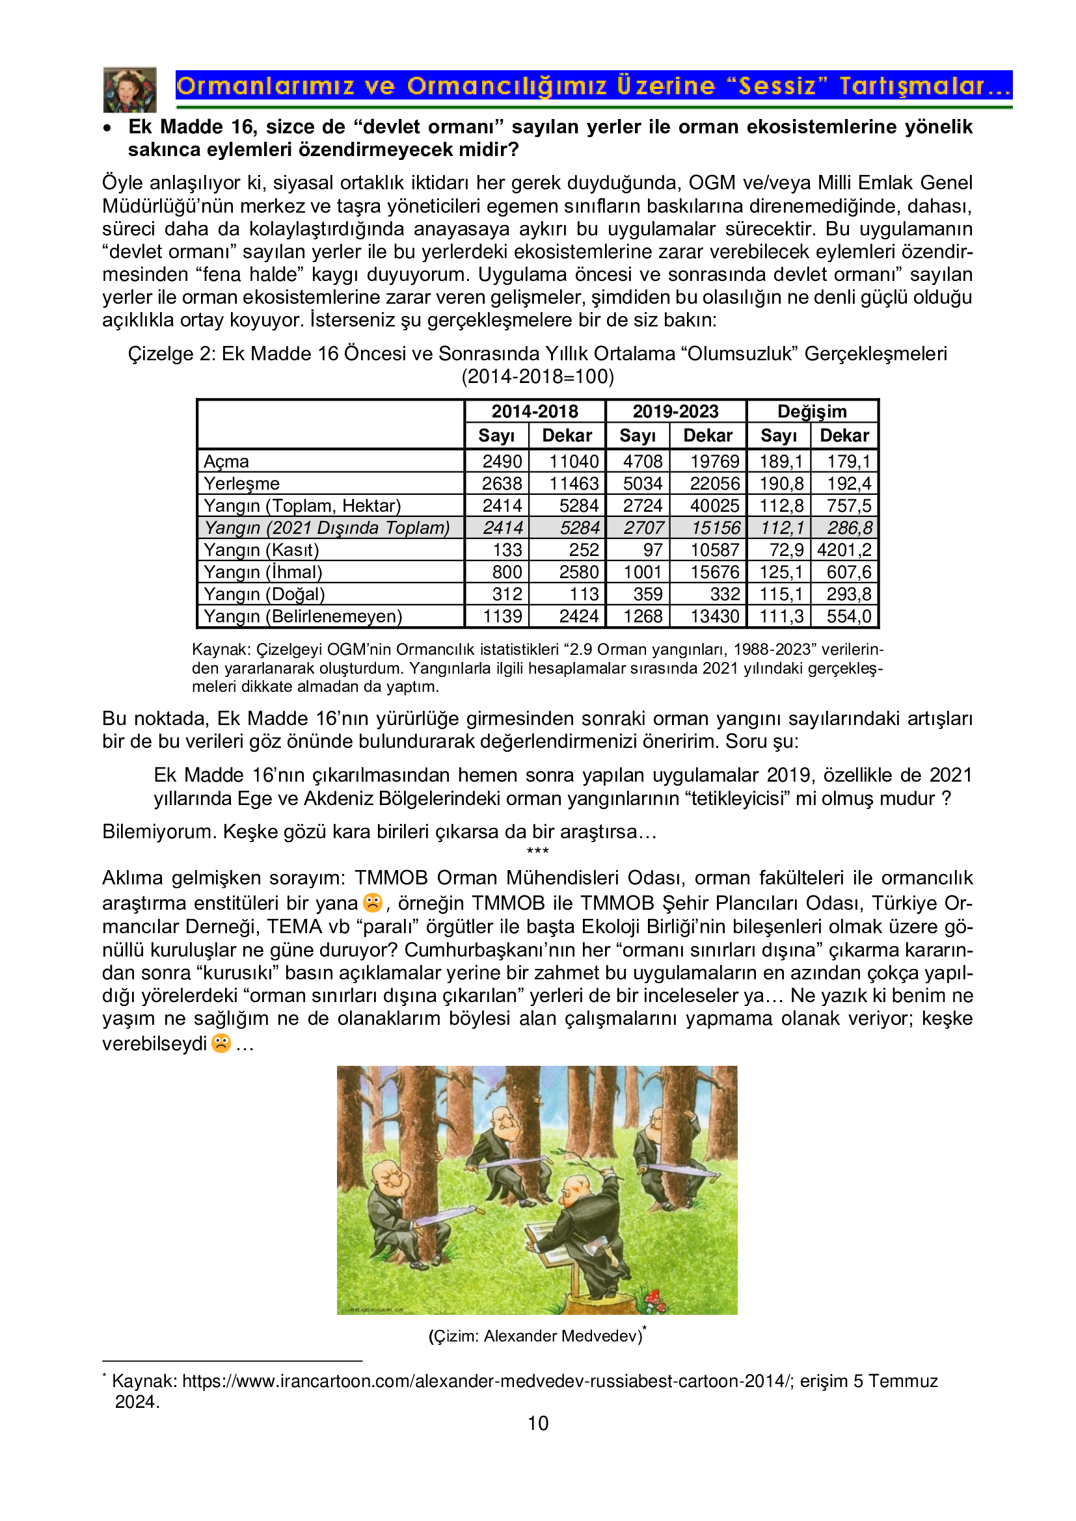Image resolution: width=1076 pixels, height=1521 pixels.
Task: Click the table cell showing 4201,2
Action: (844, 550)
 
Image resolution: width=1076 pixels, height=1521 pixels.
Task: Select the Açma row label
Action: (226, 462)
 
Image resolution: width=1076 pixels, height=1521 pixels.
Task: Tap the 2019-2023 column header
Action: (675, 412)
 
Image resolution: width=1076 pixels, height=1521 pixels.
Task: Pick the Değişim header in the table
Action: (812, 412)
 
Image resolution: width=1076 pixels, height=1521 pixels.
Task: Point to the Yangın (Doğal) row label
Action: (263, 594)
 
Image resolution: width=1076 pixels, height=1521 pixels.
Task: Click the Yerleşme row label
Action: (241, 484)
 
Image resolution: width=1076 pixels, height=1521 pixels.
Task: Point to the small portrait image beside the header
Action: (130, 90)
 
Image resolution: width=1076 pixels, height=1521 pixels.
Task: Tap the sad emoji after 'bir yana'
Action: (373, 903)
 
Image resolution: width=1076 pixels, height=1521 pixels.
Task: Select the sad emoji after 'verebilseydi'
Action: (221, 1043)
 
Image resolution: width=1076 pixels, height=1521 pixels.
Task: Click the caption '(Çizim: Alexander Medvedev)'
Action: (536, 1336)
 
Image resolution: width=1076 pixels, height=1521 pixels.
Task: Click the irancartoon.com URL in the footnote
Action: (487, 1381)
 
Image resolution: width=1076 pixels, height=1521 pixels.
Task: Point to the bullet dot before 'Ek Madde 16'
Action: (107, 128)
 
